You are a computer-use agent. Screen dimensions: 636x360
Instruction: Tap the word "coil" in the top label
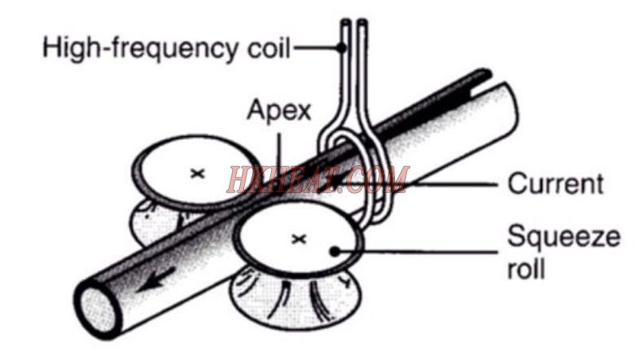tap(269, 48)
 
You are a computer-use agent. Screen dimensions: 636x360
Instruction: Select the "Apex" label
tap(279, 110)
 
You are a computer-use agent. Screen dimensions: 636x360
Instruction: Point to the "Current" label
tap(555, 184)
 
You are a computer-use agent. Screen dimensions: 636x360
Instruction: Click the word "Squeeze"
tap(564, 237)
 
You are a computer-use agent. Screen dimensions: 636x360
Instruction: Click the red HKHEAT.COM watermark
tap(318, 179)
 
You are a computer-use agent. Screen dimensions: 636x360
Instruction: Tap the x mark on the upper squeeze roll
tap(197, 173)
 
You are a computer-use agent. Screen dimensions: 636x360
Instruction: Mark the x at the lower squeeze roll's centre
tap(299, 239)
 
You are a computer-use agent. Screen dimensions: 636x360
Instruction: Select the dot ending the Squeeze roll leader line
tap(334, 252)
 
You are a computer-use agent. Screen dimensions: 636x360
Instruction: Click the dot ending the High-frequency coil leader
tap(342, 48)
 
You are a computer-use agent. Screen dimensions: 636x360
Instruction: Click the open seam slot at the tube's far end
tap(481, 85)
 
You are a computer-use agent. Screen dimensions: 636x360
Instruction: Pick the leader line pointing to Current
tap(453, 184)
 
